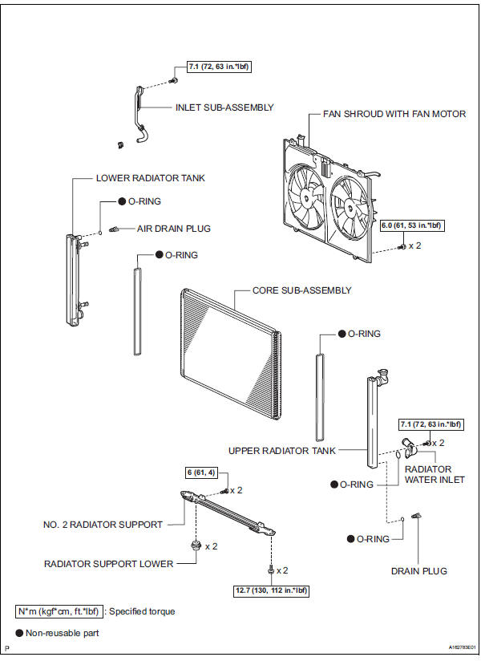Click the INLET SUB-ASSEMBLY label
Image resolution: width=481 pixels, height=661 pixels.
(x=224, y=107)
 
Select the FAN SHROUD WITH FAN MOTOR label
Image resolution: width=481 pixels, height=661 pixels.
(x=394, y=114)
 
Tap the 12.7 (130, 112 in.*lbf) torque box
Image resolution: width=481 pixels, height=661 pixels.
(x=271, y=590)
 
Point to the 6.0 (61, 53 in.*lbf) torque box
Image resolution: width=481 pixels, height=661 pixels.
(x=411, y=225)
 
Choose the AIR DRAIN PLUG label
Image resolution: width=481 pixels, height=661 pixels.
(x=173, y=229)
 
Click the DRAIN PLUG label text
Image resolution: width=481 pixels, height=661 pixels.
(x=419, y=571)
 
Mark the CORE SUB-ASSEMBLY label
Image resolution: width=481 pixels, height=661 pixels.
(x=301, y=290)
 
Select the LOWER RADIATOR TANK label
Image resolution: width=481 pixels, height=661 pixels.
(x=151, y=178)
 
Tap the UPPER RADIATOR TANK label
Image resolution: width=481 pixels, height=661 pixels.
(x=281, y=451)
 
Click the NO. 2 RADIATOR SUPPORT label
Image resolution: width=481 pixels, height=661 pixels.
(x=103, y=525)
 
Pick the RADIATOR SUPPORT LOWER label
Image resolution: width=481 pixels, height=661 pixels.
(x=109, y=564)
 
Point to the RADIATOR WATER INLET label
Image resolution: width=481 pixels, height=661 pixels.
(x=435, y=475)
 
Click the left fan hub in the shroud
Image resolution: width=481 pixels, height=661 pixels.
(x=306, y=197)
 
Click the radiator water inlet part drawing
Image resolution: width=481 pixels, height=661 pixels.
(x=409, y=448)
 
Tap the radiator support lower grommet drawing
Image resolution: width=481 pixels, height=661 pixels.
(x=196, y=545)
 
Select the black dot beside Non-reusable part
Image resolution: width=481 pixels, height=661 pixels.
(x=19, y=633)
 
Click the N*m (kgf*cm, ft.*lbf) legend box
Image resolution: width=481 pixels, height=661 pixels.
(x=59, y=611)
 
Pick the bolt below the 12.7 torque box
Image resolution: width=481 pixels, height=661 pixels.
(x=271, y=570)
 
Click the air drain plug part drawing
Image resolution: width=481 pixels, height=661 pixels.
(x=113, y=229)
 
